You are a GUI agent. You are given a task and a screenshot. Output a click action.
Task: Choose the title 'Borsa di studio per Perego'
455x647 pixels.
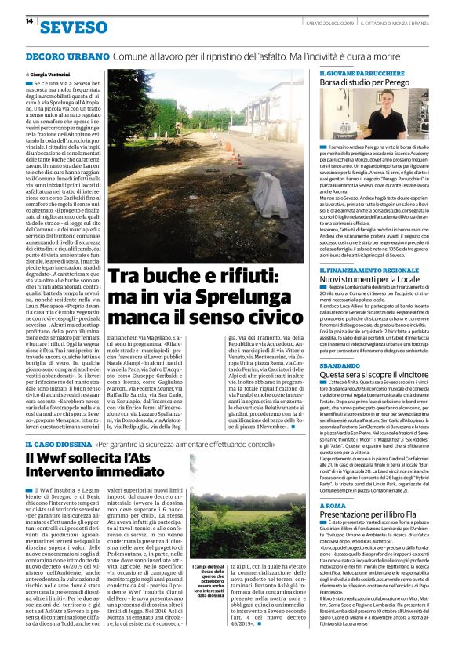click(x=364, y=82)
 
